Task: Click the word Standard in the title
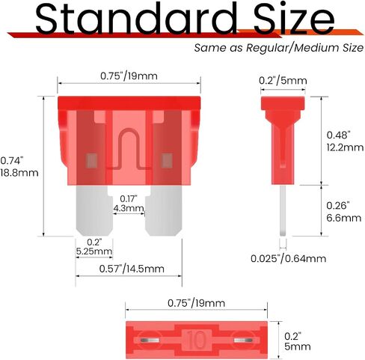(x=136, y=18)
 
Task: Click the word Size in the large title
(x=294, y=18)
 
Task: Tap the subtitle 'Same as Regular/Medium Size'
(x=279, y=47)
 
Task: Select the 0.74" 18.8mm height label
(x=19, y=167)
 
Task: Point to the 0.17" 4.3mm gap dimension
(x=129, y=204)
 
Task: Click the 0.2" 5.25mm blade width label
(x=94, y=246)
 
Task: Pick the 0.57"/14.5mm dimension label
(x=132, y=269)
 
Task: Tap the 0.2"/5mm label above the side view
(x=283, y=81)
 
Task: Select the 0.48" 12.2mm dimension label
(x=345, y=141)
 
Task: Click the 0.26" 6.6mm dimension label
(x=344, y=212)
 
